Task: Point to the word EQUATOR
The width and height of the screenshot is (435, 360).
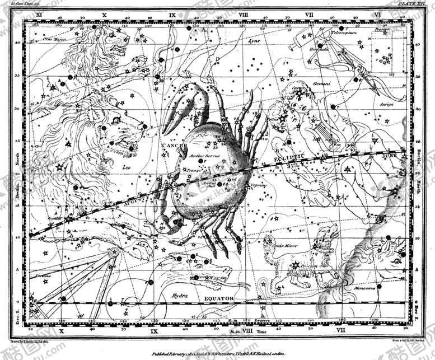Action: click(x=219, y=298)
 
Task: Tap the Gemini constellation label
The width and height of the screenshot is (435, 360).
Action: click(x=321, y=83)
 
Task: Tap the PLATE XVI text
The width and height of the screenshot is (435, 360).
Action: click(x=413, y=3)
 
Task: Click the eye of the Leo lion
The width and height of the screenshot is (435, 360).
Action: click(x=116, y=120)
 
